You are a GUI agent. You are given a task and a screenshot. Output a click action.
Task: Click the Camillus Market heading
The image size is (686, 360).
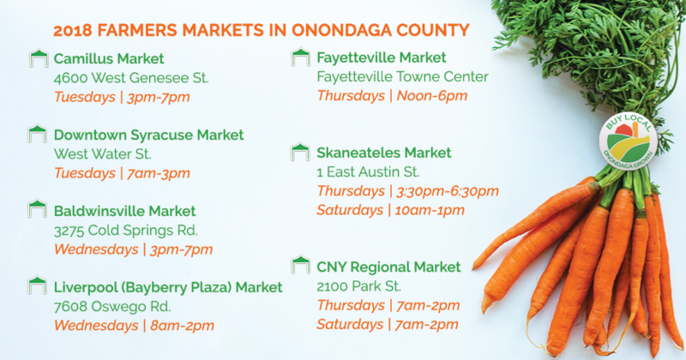coord(109,58)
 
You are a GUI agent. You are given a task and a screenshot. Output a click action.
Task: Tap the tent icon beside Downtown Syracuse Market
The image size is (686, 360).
coord(37,134)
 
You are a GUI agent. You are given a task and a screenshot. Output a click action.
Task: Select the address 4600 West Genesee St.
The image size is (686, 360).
coord(131,78)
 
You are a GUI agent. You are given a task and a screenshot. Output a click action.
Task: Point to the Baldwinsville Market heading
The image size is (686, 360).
coord(124,211)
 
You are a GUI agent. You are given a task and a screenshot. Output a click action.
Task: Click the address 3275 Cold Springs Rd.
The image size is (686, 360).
coord(126,230)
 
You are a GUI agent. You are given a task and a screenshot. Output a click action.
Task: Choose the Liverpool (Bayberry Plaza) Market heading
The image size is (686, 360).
coord(168,288)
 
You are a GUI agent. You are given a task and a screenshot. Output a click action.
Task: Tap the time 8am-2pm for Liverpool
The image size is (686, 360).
coord(182,326)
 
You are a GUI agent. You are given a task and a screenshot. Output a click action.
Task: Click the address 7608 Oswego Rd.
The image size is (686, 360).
coord(112,307)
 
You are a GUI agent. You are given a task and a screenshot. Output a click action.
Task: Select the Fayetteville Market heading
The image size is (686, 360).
coord(382,57)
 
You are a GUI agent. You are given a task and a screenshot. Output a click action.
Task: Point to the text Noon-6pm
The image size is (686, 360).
coord(432,96)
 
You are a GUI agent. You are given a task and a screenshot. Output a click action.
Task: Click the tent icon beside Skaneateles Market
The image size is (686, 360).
coord(300,152)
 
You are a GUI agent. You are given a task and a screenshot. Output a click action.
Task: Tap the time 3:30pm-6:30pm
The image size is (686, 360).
coord(447,191)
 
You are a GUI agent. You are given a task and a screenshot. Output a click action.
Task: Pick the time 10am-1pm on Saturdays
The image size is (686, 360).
coord(430,210)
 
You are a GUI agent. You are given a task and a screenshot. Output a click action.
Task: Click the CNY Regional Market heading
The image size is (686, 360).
coord(388,267)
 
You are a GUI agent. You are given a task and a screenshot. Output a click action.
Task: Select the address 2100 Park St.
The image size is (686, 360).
coord(358,286)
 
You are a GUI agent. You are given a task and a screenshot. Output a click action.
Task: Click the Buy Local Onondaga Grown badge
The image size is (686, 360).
coord(629,141)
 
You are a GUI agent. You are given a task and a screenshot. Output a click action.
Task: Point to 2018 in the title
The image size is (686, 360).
coord(73,31)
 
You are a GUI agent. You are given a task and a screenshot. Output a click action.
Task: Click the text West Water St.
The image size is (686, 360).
coord(103,154)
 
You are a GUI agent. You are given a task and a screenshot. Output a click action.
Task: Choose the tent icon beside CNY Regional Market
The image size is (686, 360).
coord(300,265)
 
